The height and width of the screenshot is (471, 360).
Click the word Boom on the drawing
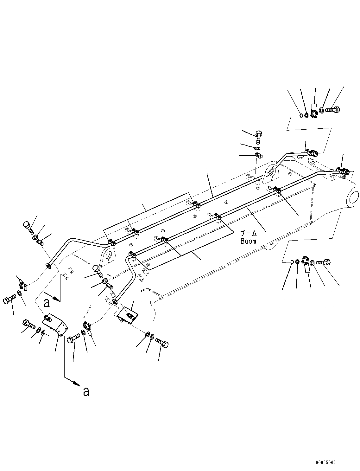(x=248, y=241)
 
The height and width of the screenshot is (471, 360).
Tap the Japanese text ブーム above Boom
(x=248, y=234)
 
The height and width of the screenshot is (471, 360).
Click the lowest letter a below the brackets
(x=86, y=392)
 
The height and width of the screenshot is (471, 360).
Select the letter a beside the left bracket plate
(x=47, y=303)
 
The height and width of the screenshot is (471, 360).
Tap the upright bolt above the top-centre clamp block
(x=258, y=137)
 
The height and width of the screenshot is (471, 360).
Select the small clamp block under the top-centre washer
(x=258, y=155)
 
